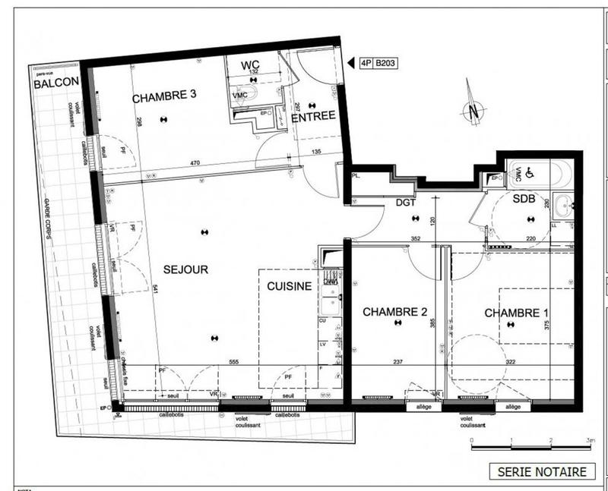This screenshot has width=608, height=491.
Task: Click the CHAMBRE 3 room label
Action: click(x=164, y=96)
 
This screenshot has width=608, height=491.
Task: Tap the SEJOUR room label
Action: click(x=185, y=269)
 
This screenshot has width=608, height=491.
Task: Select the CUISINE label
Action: click(x=288, y=286)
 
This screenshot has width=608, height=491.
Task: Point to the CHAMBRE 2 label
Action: click(x=394, y=311)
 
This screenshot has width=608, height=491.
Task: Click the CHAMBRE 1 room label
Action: click(x=517, y=313)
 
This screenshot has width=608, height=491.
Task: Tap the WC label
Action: click(x=250, y=65)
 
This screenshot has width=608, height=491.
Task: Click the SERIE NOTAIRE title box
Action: click(x=542, y=471)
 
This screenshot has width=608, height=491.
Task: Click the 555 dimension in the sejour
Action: click(x=234, y=363)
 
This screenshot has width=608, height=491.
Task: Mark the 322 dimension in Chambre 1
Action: click(x=510, y=362)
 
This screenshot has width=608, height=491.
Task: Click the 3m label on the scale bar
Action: click(x=590, y=440)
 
